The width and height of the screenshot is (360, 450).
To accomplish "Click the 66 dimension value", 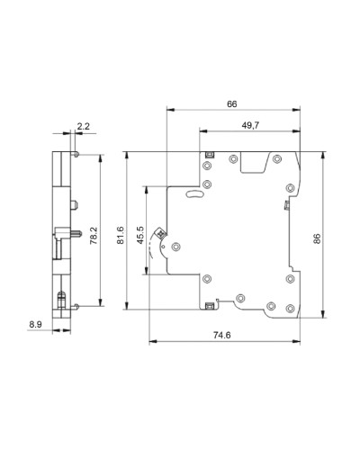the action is (231, 104).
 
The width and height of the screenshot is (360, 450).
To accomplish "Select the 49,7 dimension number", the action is (250, 125).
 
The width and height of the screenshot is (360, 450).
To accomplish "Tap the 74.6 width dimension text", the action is (222, 335).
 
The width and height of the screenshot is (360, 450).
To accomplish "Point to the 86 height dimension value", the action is (317, 238).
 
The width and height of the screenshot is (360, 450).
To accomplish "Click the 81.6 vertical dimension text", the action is (121, 235).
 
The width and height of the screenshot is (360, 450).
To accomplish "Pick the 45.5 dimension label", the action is (140, 235).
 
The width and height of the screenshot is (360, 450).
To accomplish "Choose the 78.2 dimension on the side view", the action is (94, 236).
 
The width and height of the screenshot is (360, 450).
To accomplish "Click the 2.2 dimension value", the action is (84, 126).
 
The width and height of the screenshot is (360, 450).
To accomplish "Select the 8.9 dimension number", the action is (35, 324).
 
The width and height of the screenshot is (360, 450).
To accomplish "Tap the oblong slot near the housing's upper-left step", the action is (195, 194).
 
